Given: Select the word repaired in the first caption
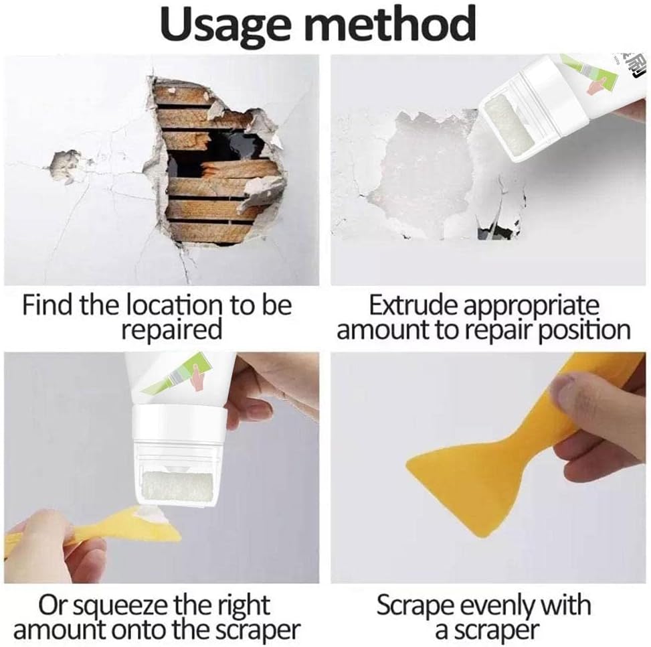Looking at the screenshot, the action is click(171, 330).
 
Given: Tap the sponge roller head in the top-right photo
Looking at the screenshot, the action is click(508, 127).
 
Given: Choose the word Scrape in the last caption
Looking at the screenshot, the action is click(417, 606).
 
